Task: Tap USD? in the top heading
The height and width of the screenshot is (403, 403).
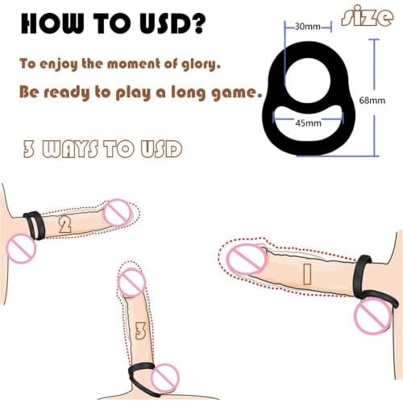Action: coord(172,24)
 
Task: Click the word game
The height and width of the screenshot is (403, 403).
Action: coord(237,92)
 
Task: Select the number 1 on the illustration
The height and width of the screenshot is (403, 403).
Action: coord(305,274)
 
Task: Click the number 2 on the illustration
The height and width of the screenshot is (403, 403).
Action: coord(64,225)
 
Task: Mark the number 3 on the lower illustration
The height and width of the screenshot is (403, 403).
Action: coord(141,330)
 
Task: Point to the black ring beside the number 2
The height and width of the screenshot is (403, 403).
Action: coord(32,223)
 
